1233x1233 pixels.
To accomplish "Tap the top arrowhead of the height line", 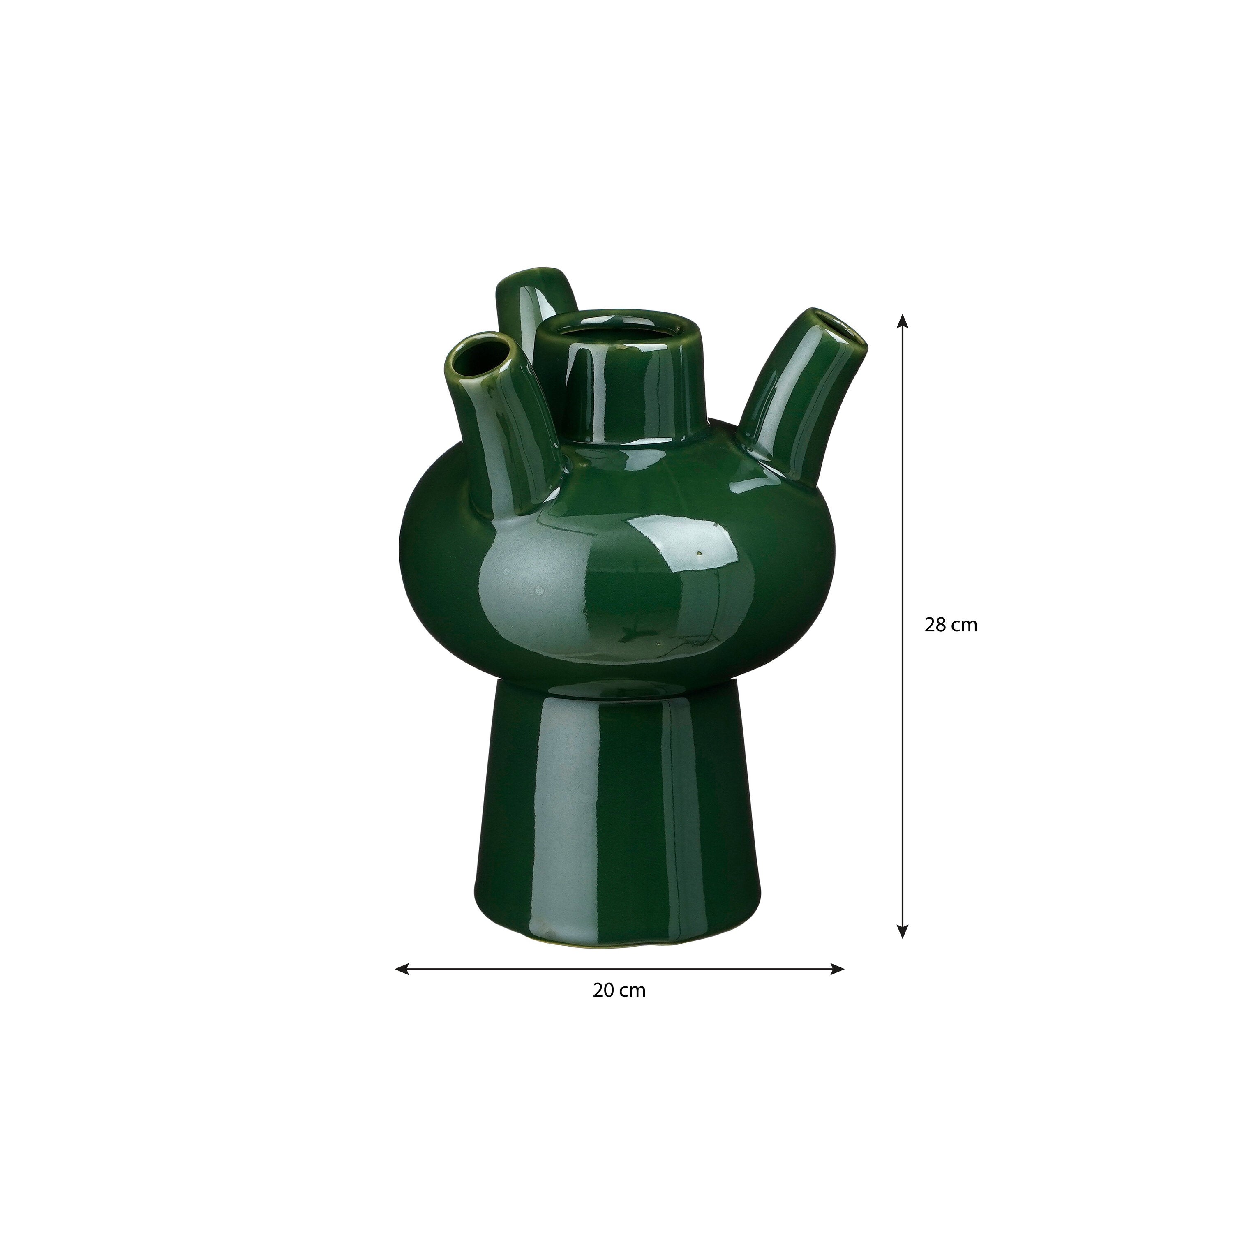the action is [902, 321].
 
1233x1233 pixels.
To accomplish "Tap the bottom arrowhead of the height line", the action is [902, 931].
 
